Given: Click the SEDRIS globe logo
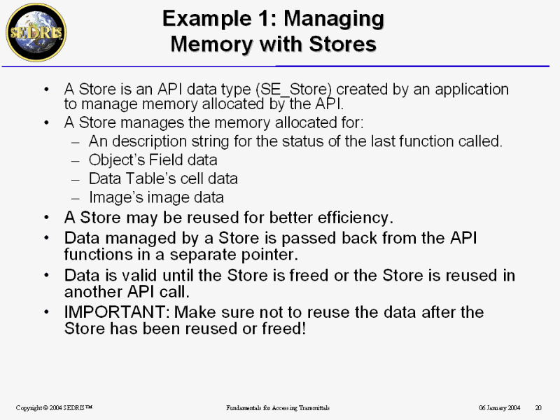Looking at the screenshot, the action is [36, 32].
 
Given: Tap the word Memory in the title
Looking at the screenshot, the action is [212, 44].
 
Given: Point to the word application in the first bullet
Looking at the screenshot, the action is [471, 90].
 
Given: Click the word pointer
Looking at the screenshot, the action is [269, 255].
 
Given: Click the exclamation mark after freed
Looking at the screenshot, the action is [304, 328].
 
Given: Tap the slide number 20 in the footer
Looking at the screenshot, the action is [538, 407].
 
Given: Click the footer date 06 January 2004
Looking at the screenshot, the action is [499, 407].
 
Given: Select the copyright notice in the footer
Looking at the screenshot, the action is [54, 407].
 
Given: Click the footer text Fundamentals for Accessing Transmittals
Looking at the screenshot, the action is [278, 407].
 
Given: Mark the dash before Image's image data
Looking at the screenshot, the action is [75, 198].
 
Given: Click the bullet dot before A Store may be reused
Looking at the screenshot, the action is [46, 217].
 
